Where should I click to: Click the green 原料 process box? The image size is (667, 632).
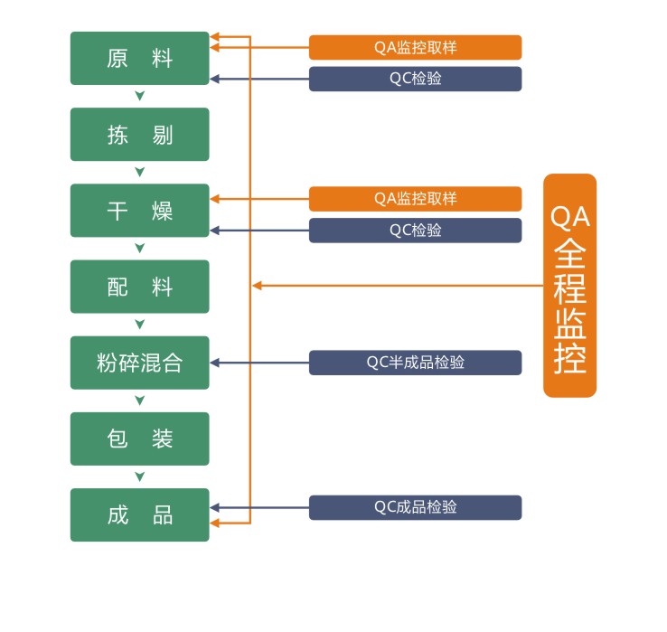coord(139,59)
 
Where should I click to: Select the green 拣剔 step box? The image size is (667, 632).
coord(139,135)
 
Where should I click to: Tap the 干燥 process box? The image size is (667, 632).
coord(139,211)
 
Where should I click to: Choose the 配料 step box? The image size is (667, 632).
coord(139,287)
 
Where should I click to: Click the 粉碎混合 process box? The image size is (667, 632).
coord(139,363)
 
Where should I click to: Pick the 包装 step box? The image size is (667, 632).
coord(139,439)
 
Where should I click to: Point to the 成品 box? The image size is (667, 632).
coord(139,514)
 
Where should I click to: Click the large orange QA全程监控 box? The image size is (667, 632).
coord(569,286)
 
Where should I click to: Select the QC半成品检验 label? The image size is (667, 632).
coord(415,363)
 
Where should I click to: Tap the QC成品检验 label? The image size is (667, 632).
coord(415,507)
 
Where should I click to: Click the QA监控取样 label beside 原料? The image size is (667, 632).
coord(415,47)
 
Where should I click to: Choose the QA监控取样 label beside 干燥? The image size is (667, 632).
coord(415,199)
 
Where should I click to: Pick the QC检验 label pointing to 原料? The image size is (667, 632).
coord(415,79)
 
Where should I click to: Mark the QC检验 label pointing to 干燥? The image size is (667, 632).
coord(415,231)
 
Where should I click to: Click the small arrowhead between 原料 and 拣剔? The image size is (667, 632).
coord(139,96)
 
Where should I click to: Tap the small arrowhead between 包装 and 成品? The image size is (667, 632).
coord(139,476)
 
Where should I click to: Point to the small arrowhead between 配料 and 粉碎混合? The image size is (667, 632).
coord(139,325)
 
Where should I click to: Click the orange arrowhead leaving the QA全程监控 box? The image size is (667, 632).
coord(257,286)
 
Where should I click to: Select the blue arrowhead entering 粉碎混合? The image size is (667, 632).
coord(215,363)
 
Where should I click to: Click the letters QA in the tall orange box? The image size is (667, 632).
coord(569,217)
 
